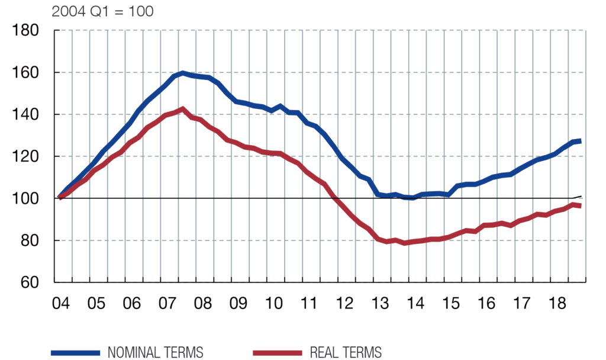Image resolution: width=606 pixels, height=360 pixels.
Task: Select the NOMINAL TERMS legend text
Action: [156, 352]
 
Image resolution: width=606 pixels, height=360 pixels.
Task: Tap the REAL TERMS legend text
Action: [346, 352]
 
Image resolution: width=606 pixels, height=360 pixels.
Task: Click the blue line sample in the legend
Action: [78, 352]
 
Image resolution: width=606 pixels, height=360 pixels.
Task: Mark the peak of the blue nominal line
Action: [183, 73]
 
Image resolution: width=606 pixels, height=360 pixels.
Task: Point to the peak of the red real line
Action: [183, 109]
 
